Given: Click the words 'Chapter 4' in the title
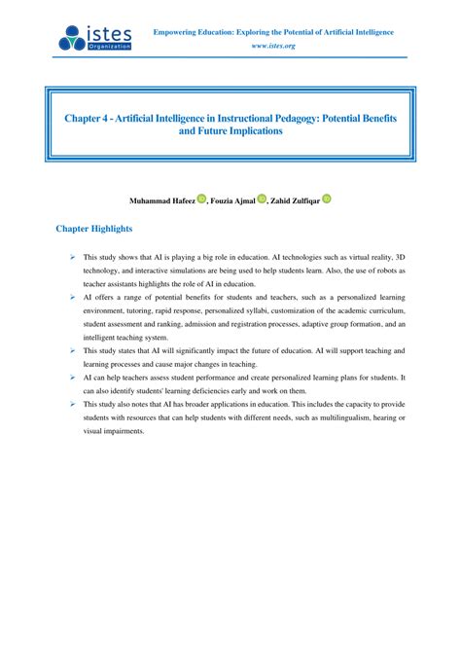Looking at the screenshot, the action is (86, 117).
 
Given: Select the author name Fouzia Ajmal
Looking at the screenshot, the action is (232, 200).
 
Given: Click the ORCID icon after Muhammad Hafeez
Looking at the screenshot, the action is (201, 199).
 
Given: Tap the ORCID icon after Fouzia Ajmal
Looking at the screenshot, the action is (263, 199).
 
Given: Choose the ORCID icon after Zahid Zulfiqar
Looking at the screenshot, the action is (327, 199).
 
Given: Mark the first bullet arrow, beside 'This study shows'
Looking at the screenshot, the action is (73, 255).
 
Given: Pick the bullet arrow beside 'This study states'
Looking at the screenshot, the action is (73, 348).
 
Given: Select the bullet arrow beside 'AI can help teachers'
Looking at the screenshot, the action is (73, 376).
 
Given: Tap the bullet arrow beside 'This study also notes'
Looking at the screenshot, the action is (73, 403).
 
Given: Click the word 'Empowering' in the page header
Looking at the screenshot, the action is (178, 32).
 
